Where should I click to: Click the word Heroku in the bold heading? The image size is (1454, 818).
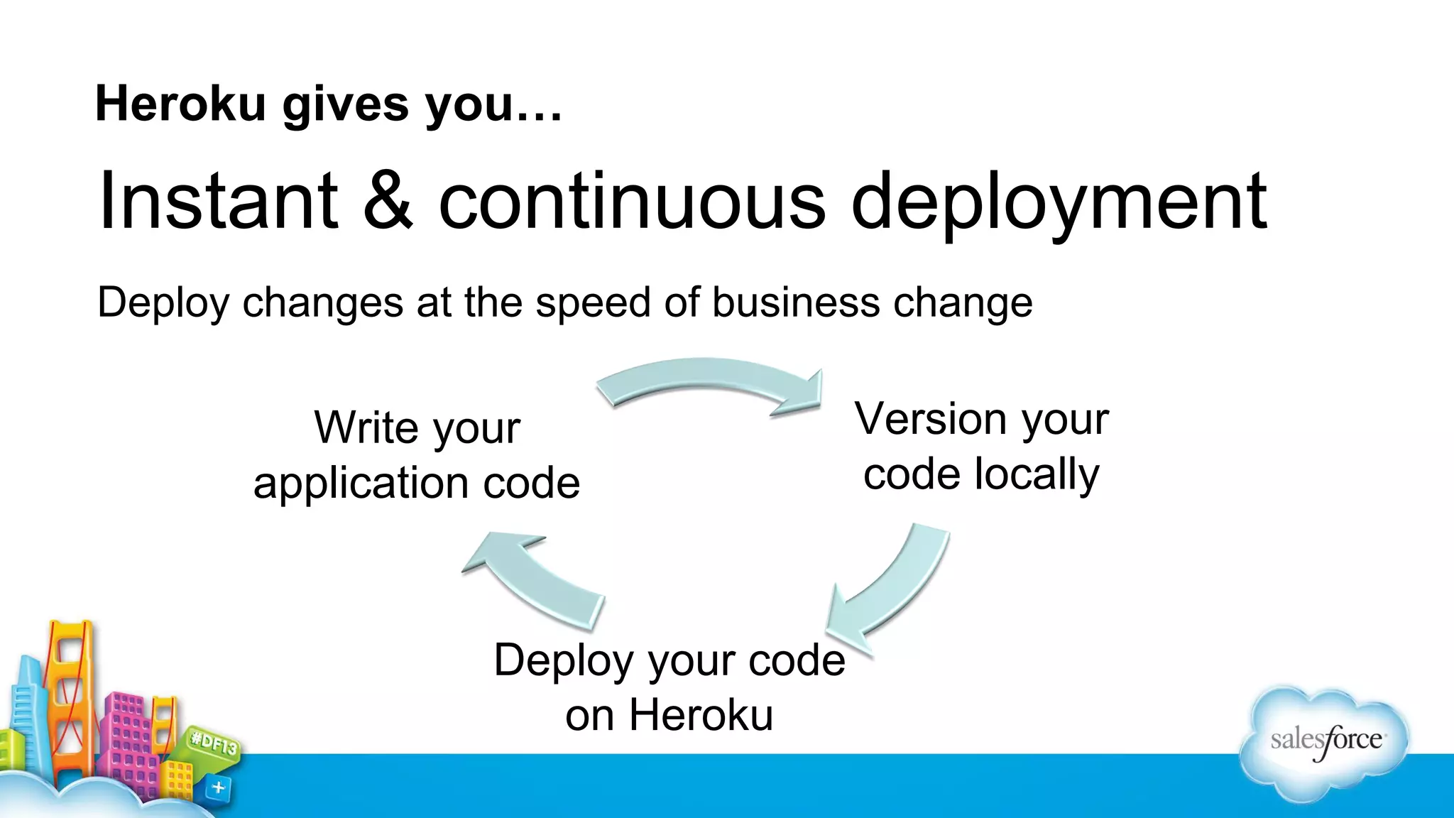tap(180, 104)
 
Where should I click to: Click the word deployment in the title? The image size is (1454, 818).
tap(1059, 202)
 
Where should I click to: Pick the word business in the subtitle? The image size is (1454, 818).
tap(796, 302)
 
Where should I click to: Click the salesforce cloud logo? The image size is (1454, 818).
tap(1325, 742)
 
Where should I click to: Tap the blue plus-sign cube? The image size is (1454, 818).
tap(219, 787)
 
